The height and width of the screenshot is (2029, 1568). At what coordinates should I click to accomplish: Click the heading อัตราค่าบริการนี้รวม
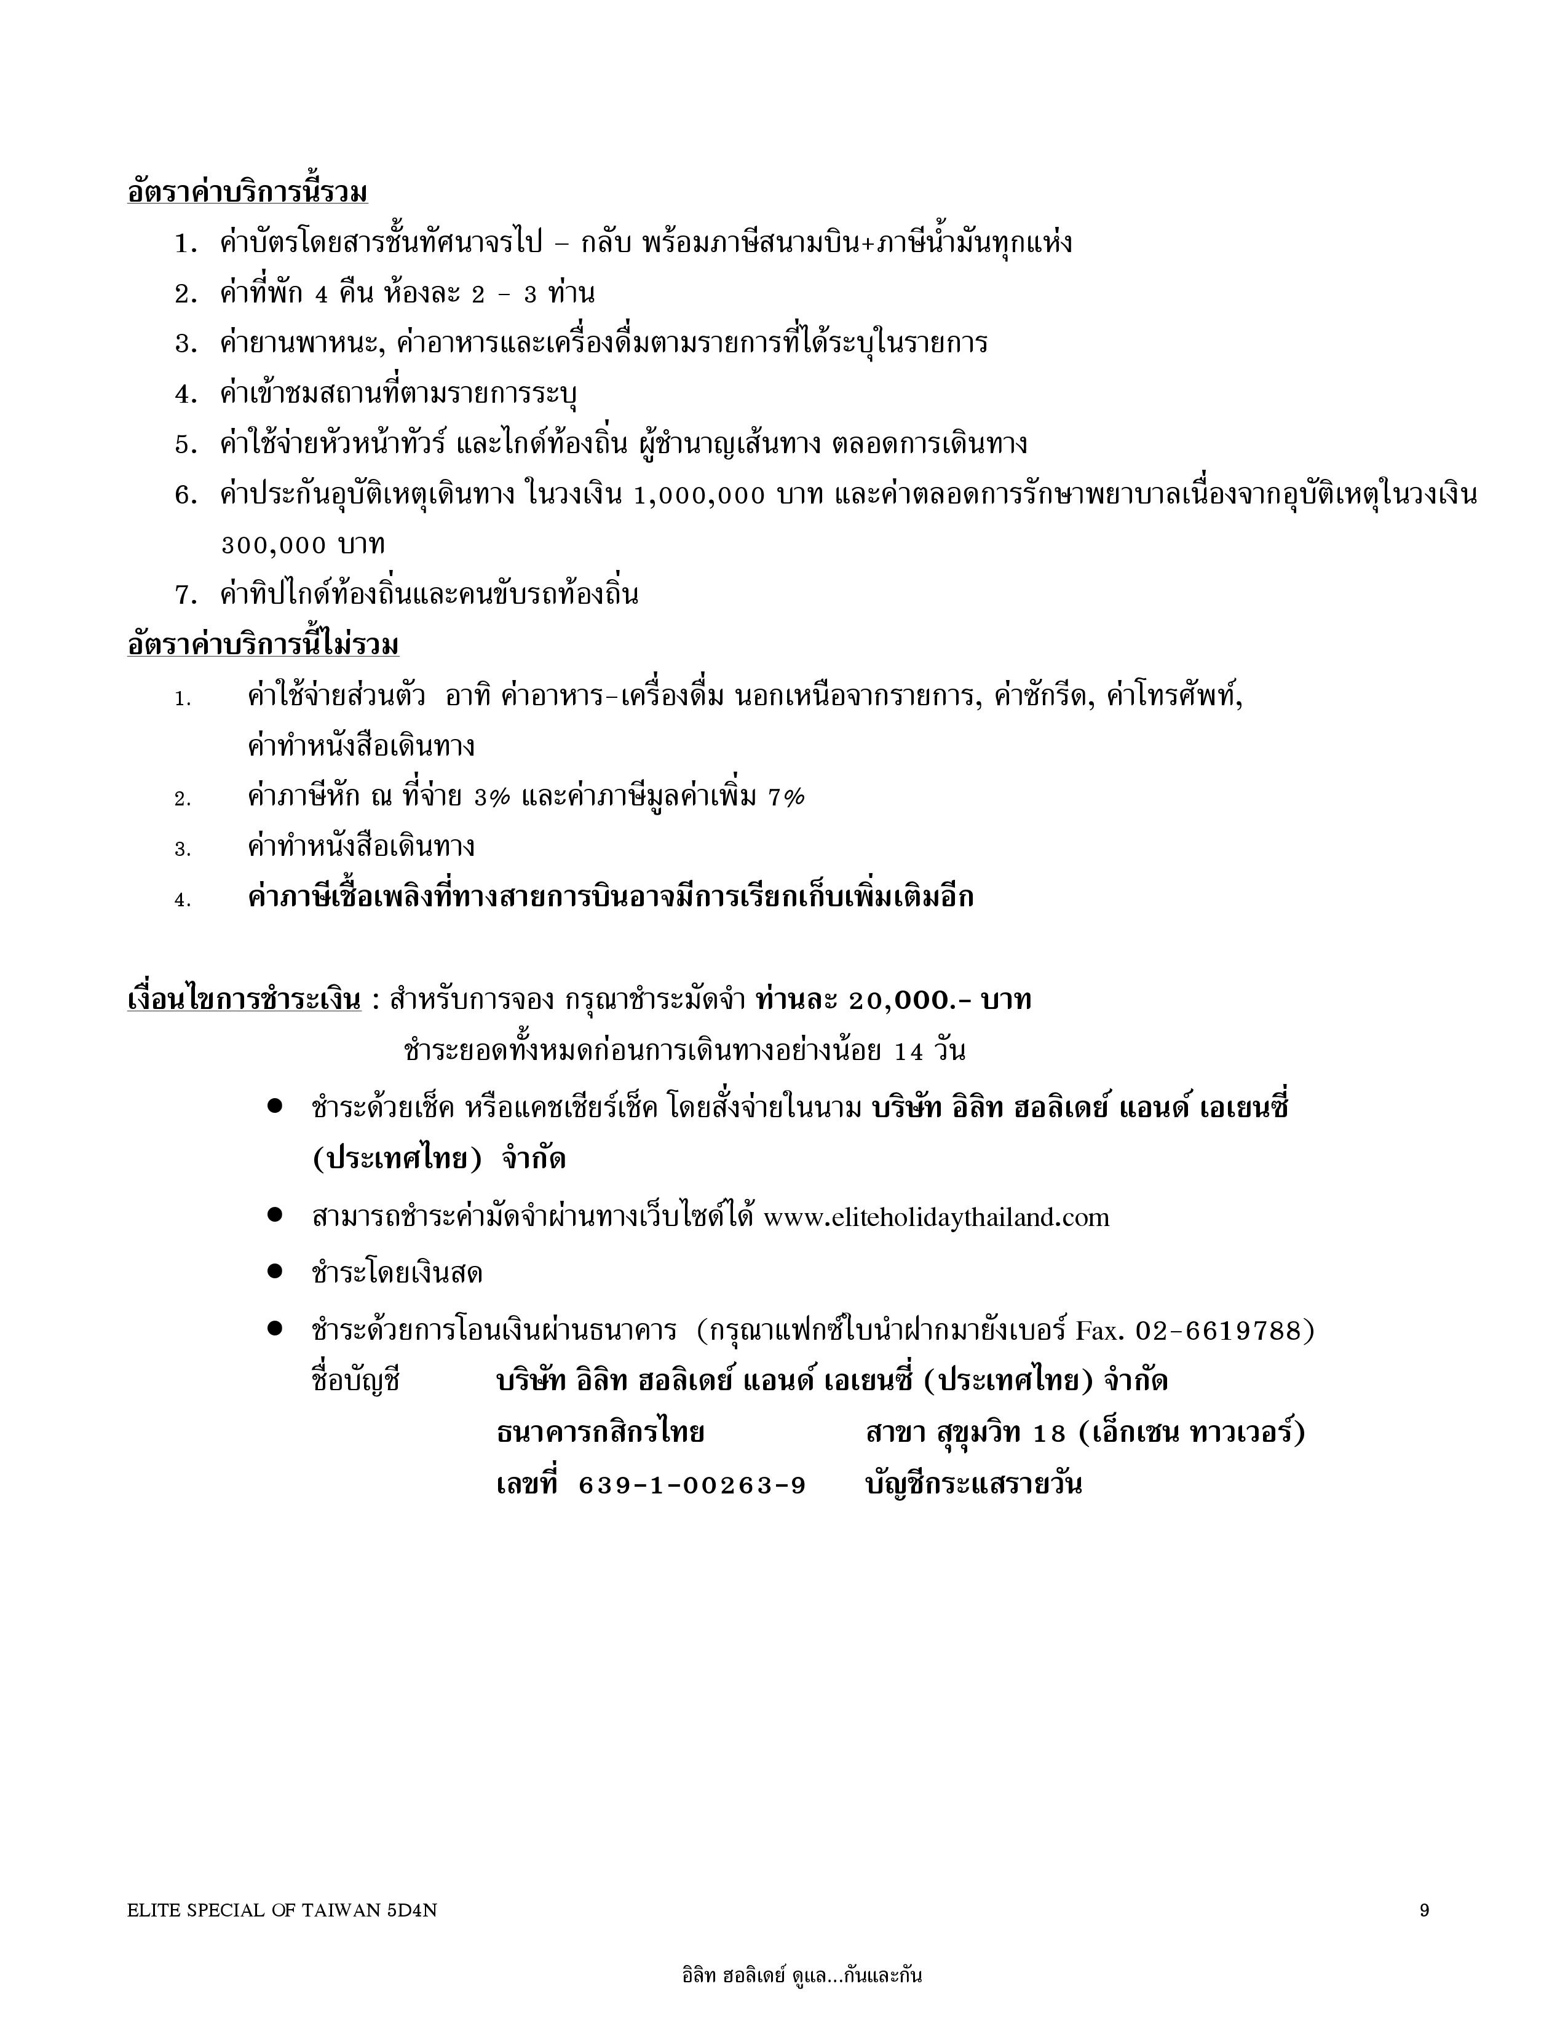pyautogui.click(x=247, y=192)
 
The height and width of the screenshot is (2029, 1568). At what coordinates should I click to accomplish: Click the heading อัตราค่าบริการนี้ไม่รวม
pyautogui.click(x=263, y=644)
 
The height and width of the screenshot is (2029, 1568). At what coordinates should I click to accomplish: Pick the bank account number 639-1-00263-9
pyautogui.click(x=692, y=1485)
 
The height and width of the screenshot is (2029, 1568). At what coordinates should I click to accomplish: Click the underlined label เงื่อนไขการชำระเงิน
pyautogui.click(x=244, y=1000)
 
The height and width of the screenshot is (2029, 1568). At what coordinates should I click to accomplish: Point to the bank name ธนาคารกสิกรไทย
pyautogui.click(x=600, y=1433)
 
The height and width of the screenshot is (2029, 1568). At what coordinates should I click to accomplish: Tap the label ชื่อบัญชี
pyautogui.click(x=356, y=1382)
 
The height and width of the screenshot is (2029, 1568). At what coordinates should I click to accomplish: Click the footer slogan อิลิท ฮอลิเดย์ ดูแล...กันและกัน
pyautogui.click(x=802, y=1975)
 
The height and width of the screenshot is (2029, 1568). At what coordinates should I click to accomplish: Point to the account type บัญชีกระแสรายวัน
pyautogui.click(x=973, y=1485)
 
